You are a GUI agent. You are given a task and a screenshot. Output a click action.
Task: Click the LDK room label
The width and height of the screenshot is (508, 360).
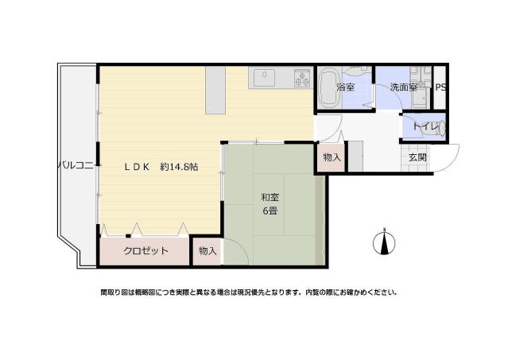pyautogui.click(x=136, y=168)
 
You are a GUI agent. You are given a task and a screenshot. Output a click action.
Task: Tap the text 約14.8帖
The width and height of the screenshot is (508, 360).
pyautogui.click(x=179, y=168)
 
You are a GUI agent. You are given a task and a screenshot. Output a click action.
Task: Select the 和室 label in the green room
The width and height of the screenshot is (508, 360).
pyautogui.click(x=270, y=197)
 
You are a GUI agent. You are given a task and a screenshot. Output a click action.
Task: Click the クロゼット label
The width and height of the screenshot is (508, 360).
pyautogui.click(x=145, y=251)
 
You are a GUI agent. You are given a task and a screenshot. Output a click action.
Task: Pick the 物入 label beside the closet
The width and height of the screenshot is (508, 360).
pyautogui.click(x=207, y=251)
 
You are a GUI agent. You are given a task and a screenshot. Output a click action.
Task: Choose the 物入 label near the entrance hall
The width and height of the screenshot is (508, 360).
pyautogui.click(x=332, y=157)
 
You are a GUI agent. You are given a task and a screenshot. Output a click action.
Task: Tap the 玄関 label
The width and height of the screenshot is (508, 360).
pyautogui.click(x=418, y=157)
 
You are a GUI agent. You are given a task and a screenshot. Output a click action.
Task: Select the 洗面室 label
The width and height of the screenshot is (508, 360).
pyautogui.click(x=403, y=87)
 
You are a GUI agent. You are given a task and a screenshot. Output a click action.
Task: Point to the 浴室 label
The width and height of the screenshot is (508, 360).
pyautogui.click(x=346, y=87)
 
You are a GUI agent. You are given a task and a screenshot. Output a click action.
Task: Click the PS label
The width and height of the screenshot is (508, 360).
pyautogui.click(x=440, y=87)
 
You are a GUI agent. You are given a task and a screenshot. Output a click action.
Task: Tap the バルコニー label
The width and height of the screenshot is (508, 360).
pyautogui.click(x=77, y=166)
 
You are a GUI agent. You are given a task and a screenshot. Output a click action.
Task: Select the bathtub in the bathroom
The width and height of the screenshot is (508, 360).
pyautogui.click(x=327, y=87)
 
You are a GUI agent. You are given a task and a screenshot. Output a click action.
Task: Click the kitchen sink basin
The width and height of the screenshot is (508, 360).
pyautogui.click(x=265, y=78)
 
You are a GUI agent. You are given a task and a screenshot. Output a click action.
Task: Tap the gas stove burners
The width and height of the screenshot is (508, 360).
pyautogui.click(x=302, y=78)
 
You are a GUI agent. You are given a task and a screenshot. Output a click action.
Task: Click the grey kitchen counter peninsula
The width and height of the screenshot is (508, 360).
pyautogui.click(x=215, y=89)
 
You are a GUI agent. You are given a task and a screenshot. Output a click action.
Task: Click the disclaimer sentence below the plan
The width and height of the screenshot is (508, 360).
pyautogui.click(x=248, y=292)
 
